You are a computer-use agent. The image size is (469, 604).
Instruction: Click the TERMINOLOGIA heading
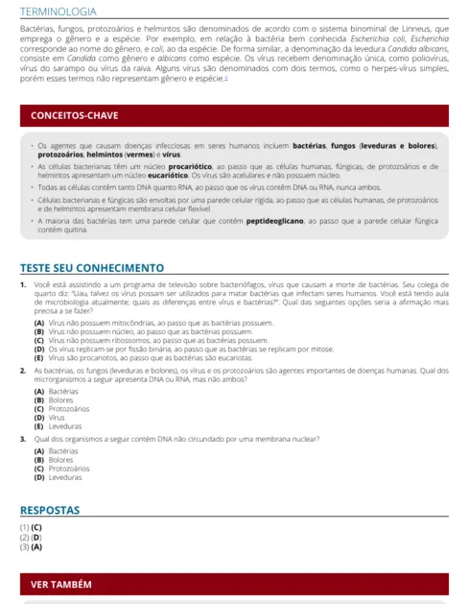[59, 12]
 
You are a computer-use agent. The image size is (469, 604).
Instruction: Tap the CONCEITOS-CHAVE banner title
[75, 116]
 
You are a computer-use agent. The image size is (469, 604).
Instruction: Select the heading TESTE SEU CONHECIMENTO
[92, 267]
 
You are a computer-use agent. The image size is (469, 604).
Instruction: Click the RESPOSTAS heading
[50, 510]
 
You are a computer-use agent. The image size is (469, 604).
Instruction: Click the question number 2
[23, 370]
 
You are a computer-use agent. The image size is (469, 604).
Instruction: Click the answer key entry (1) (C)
[31, 528]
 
